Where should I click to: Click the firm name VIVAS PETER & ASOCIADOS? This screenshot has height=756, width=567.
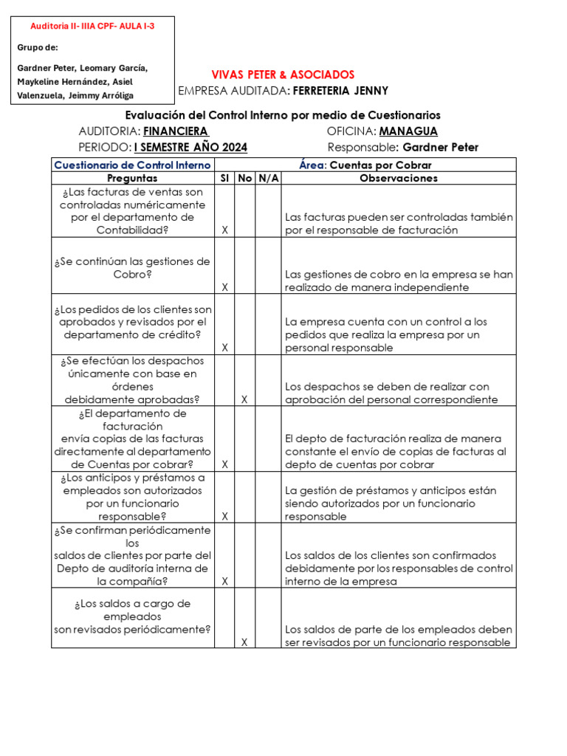(x=283, y=75)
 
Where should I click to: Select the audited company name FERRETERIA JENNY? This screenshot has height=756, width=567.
(x=340, y=91)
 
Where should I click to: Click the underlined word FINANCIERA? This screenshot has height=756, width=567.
(x=175, y=131)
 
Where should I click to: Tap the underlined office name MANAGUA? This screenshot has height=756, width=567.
(x=408, y=131)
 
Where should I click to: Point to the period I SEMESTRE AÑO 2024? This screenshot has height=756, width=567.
(x=190, y=147)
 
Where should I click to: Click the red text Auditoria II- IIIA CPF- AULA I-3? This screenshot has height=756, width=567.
(x=92, y=26)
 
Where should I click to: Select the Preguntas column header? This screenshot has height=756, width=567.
(x=132, y=178)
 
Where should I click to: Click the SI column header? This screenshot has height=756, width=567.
(x=224, y=178)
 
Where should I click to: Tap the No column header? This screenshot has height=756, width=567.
(x=245, y=178)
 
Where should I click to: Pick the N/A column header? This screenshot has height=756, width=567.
(x=267, y=178)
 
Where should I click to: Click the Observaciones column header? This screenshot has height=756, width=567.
(x=398, y=178)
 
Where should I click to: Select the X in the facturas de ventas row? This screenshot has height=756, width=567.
(x=224, y=230)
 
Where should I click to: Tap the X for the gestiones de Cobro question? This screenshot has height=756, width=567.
(x=224, y=287)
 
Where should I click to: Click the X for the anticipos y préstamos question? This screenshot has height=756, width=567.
(x=224, y=516)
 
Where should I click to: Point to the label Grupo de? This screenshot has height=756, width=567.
(x=37, y=48)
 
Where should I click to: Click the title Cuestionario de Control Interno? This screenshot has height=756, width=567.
(x=132, y=165)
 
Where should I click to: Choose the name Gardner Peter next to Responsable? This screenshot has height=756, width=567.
(x=440, y=147)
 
